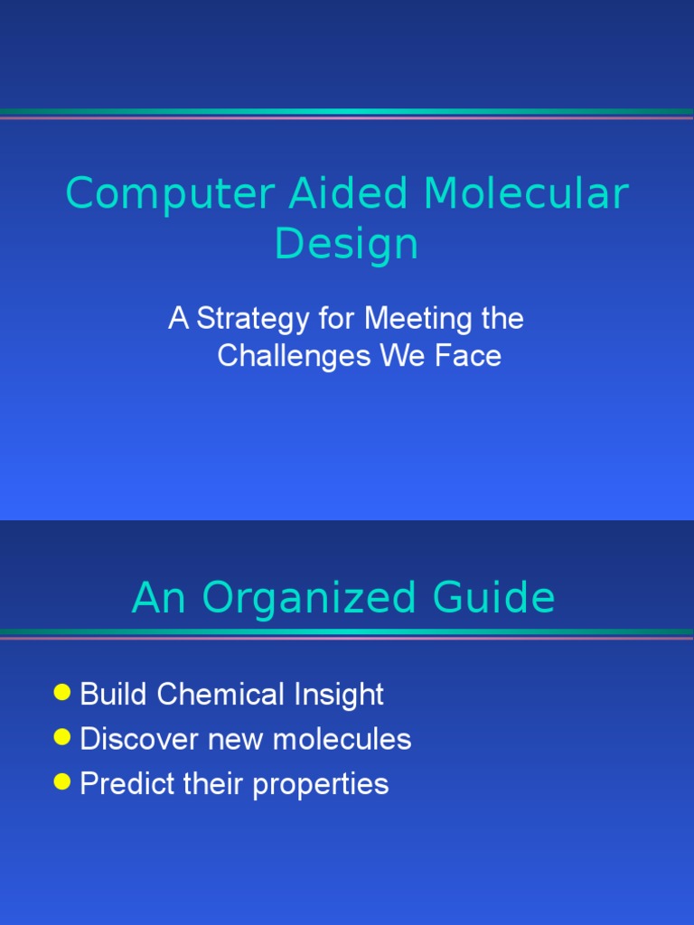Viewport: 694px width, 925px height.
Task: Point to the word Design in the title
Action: pyautogui.click(x=346, y=244)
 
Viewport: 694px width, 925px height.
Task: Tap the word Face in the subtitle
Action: pyautogui.click(x=468, y=356)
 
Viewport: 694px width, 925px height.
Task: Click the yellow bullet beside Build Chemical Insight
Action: pyautogui.click(x=61, y=693)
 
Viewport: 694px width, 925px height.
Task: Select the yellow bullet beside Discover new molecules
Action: pyautogui.click(x=61, y=737)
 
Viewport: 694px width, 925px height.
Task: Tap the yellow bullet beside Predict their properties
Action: pyautogui.click(x=61, y=781)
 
